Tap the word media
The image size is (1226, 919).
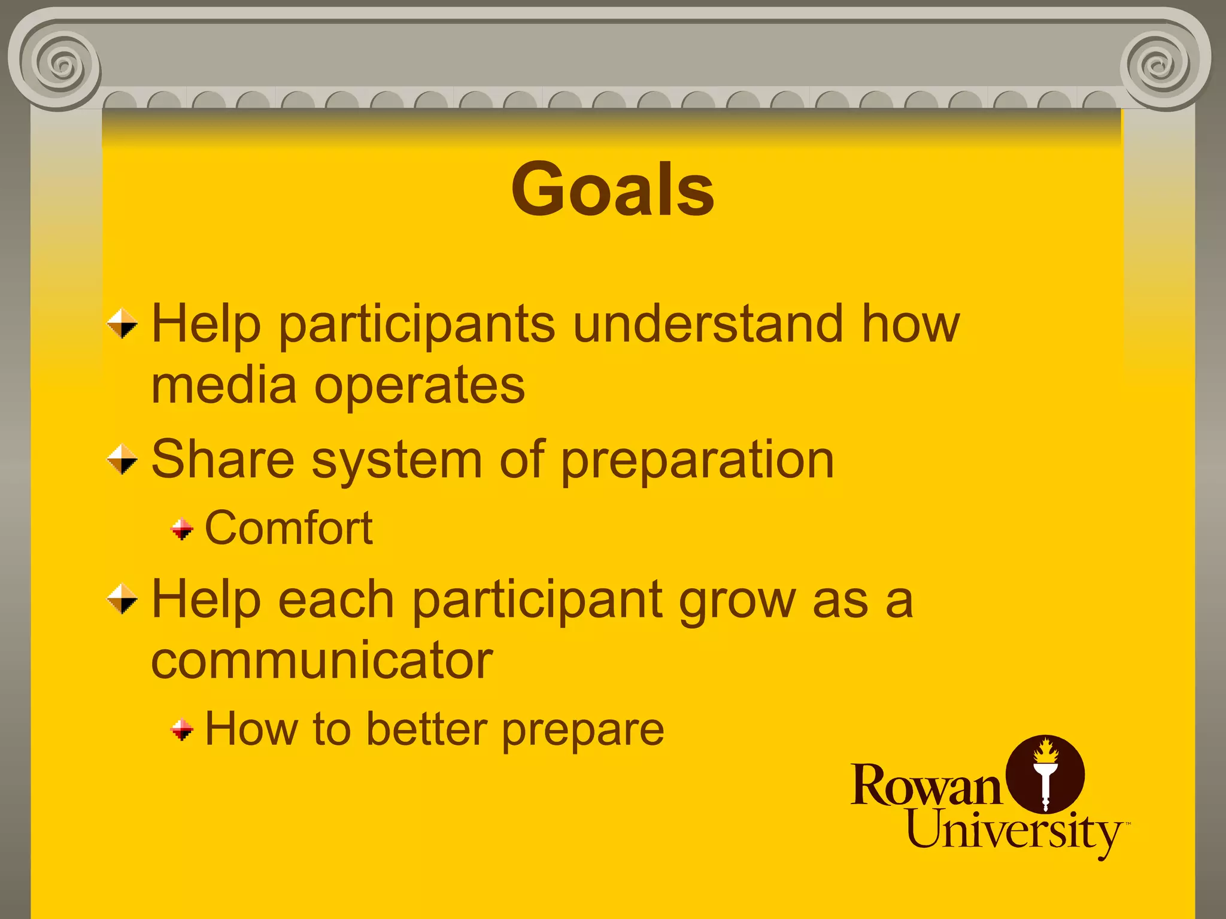pos(224,385)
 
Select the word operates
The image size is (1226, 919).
pos(420,387)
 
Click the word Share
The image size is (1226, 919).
pos(223,459)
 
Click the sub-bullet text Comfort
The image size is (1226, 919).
pos(289,528)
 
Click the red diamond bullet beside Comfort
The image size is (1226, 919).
pos(182,529)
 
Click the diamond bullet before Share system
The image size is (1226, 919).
pos(122,459)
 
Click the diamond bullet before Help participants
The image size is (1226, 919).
pos(122,324)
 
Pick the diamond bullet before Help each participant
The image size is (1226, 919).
pos(122,599)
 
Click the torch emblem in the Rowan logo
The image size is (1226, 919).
pos(1045,774)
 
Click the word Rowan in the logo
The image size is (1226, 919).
pos(925,785)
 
